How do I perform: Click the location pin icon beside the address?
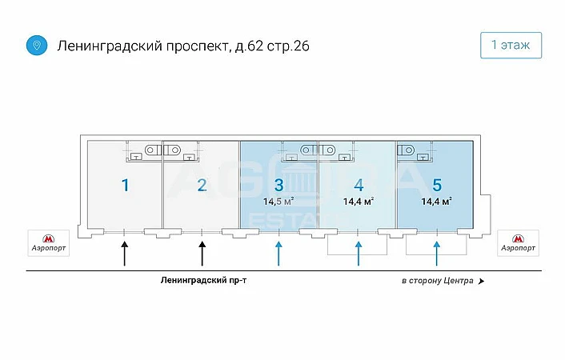[x=35, y=46]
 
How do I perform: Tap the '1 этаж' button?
[x=511, y=46]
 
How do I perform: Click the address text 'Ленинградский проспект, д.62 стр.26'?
[x=183, y=46]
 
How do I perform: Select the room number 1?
[x=125, y=186]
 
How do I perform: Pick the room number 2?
[x=202, y=186]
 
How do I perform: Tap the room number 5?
[x=436, y=185]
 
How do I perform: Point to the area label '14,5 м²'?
[x=278, y=202]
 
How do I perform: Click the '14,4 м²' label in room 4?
[x=359, y=202]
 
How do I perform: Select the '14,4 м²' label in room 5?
[x=437, y=201]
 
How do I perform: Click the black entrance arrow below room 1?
[x=125, y=253]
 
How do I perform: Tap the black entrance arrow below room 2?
[x=202, y=253]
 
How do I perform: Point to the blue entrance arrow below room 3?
[x=278, y=253]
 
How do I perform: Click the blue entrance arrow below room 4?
[x=359, y=253]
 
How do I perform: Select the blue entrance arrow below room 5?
[x=436, y=253]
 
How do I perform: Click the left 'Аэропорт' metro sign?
[x=49, y=242]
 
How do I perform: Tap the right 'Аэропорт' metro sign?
[x=518, y=242]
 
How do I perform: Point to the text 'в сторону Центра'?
[x=438, y=282]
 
